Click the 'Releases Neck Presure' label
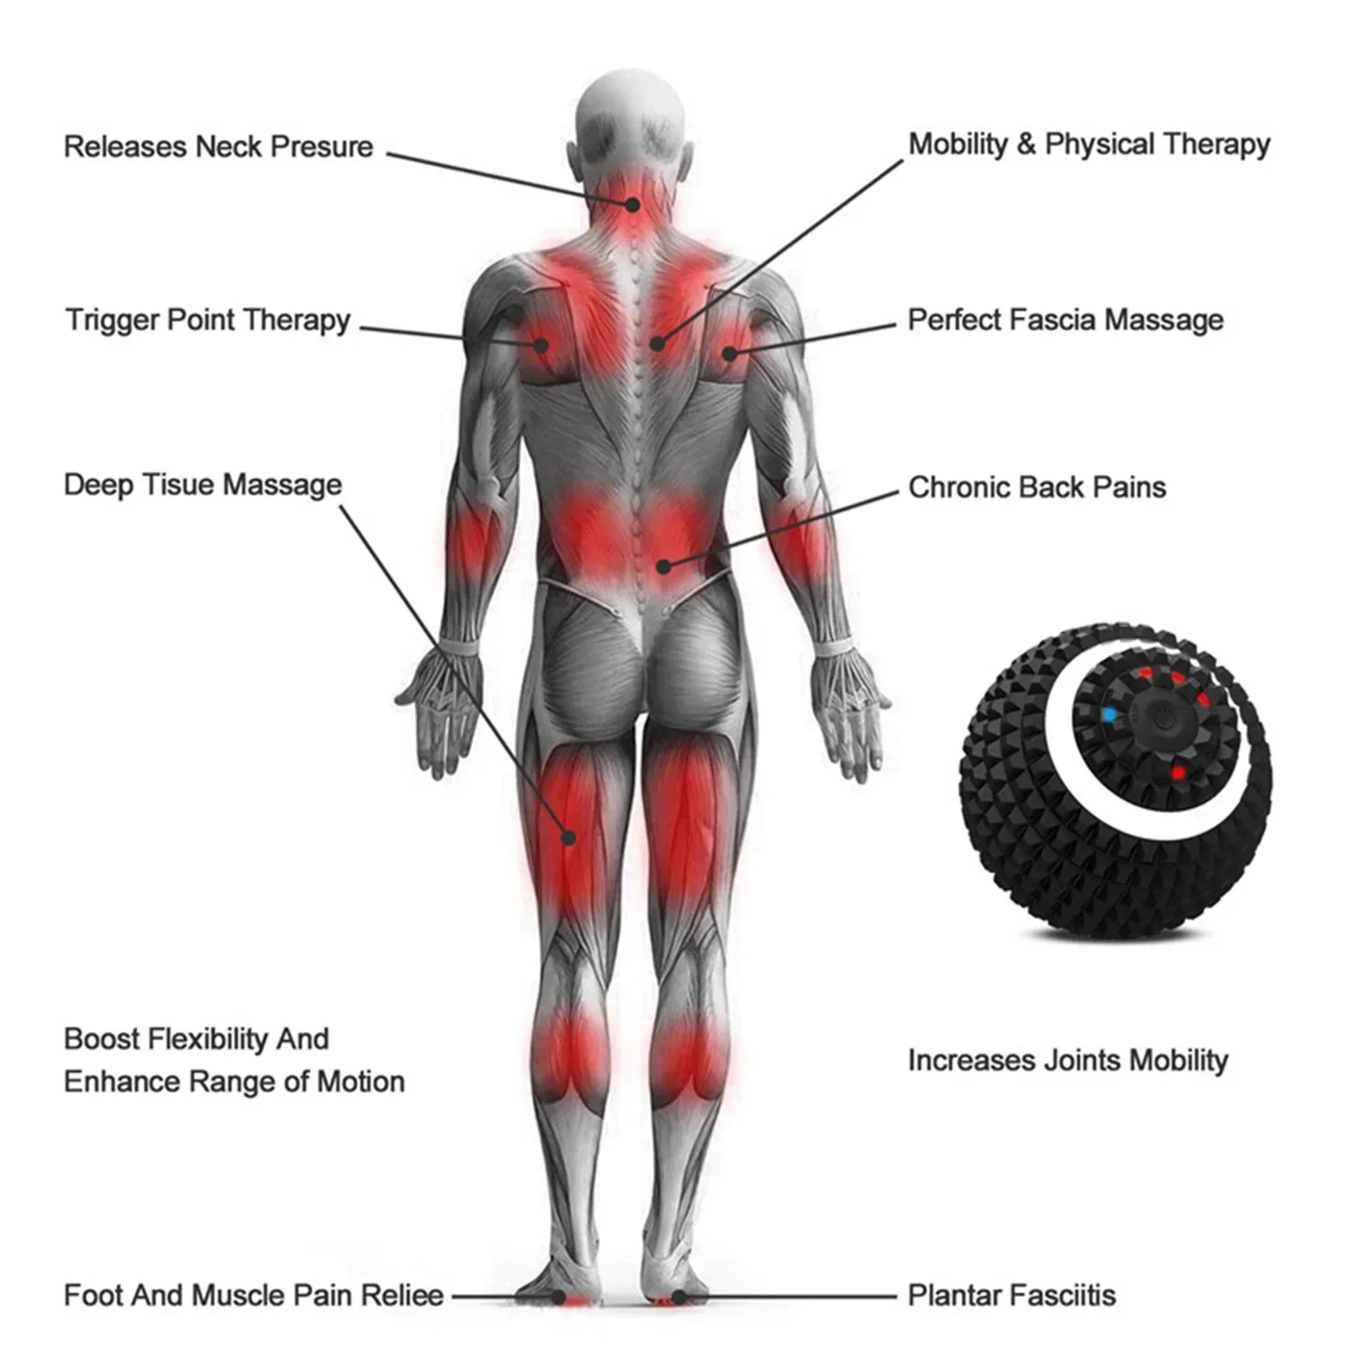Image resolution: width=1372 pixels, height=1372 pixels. pos(219,146)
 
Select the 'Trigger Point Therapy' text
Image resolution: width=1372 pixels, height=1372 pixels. pos(208,320)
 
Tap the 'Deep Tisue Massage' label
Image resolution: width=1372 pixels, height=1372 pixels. pos(203,485)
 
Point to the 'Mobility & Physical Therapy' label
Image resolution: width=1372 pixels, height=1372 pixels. pos(1088,145)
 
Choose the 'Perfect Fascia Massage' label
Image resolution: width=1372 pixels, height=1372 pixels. pos(1066,320)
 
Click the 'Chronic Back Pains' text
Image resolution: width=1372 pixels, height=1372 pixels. pos(1037,487)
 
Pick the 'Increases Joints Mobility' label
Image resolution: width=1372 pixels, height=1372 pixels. pos(1067,1060)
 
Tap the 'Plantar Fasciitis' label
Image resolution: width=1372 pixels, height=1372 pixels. pos(1012,1295)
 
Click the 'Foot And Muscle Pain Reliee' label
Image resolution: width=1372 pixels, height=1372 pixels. pos(253,1295)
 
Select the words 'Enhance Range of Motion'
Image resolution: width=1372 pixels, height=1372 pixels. pos(234,1082)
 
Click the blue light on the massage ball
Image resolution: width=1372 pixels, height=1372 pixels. pos(1109,714)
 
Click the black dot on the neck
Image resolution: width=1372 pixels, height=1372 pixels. pos(632,205)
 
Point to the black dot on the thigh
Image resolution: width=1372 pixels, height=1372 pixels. pos(568,836)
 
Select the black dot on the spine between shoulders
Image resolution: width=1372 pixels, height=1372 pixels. pos(655,344)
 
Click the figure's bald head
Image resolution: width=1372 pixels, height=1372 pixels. pos(630,110)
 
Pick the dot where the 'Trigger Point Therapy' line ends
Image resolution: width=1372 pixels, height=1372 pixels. pos(541,345)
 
